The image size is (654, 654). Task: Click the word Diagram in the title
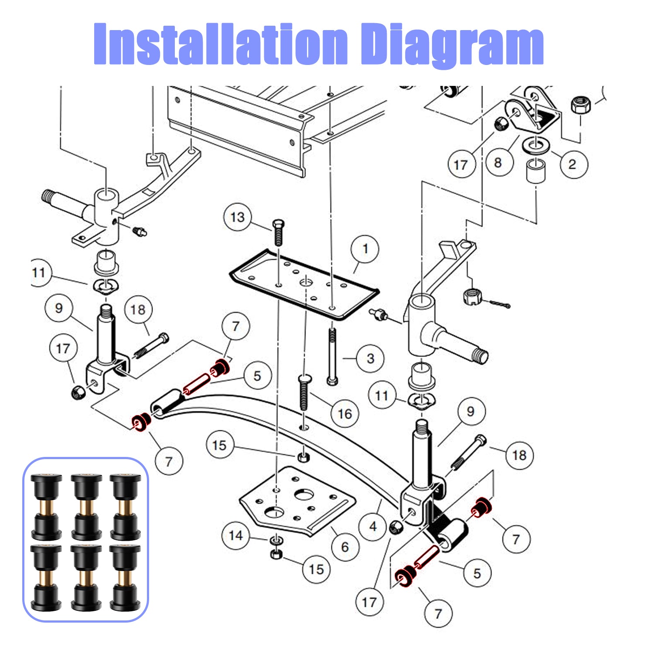453,45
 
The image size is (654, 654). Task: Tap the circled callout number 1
365,249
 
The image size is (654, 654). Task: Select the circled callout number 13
238,217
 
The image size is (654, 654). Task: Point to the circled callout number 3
371,358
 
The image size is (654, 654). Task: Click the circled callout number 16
345,414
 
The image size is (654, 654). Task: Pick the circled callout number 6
345,547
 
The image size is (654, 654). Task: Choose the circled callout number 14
236,535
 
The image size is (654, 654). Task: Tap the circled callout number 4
373,527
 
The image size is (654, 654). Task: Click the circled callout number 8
498,163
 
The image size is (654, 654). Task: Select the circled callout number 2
572,164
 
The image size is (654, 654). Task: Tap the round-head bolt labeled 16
304,392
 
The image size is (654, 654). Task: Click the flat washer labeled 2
536,144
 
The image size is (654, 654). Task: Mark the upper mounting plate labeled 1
304,284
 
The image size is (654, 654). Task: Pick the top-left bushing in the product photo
46,507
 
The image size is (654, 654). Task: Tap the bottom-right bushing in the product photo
125,577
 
